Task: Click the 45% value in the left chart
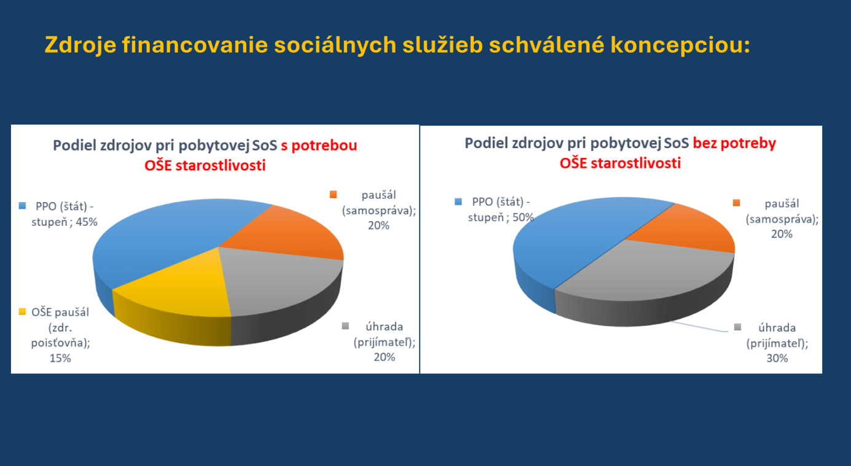87,222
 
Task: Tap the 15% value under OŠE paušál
60,358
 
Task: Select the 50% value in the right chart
523,217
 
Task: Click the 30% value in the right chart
777,358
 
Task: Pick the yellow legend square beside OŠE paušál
22,311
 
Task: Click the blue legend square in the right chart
458,201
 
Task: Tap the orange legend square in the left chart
333,195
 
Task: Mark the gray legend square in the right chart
737,327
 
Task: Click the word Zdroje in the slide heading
80,45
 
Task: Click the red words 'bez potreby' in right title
734,144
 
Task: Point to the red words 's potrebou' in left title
319,146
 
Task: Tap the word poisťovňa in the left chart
60,343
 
